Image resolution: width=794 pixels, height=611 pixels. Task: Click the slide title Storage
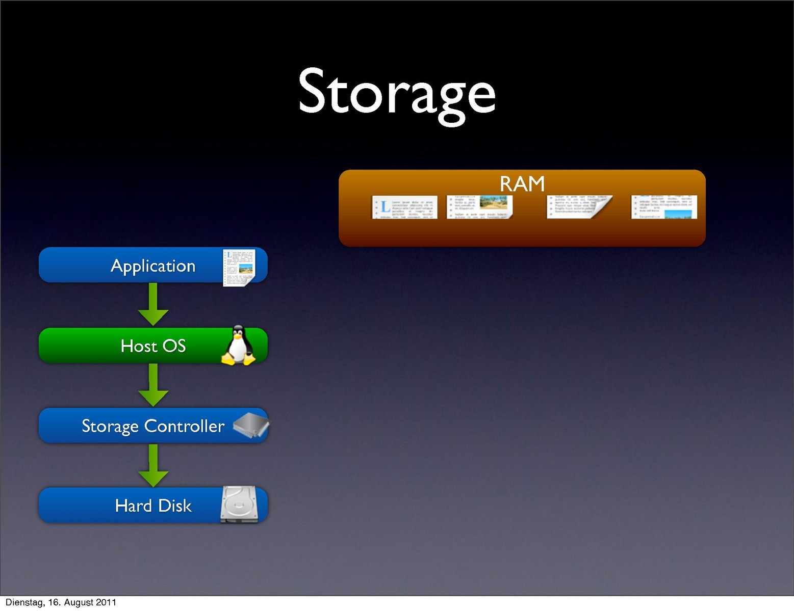[x=397, y=94]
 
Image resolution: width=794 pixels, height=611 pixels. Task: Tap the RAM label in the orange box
[x=522, y=183]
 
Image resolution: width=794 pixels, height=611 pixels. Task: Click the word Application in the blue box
[x=153, y=266]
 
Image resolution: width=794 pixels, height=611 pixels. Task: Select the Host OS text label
[x=153, y=346]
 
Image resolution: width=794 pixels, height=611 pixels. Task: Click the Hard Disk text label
[x=153, y=506]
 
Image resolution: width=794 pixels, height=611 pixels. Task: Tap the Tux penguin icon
[x=238, y=346]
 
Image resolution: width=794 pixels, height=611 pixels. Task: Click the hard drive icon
[x=239, y=504]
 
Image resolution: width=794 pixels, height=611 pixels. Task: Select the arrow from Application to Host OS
[x=153, y=304]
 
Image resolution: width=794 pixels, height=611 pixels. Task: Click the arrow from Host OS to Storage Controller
[x=153, y=385]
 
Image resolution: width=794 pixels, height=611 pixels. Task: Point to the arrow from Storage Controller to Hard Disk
[x=153, y=465]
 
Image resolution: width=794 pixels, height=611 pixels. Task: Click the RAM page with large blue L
[x=405, y=207]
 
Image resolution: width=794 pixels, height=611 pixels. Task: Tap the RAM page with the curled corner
[x=579, y=207]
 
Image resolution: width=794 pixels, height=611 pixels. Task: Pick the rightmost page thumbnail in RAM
[x=664, y=207]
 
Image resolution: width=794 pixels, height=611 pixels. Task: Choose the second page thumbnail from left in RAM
[x=479, y=207]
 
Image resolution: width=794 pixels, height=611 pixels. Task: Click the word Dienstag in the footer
[x=24, y=602]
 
